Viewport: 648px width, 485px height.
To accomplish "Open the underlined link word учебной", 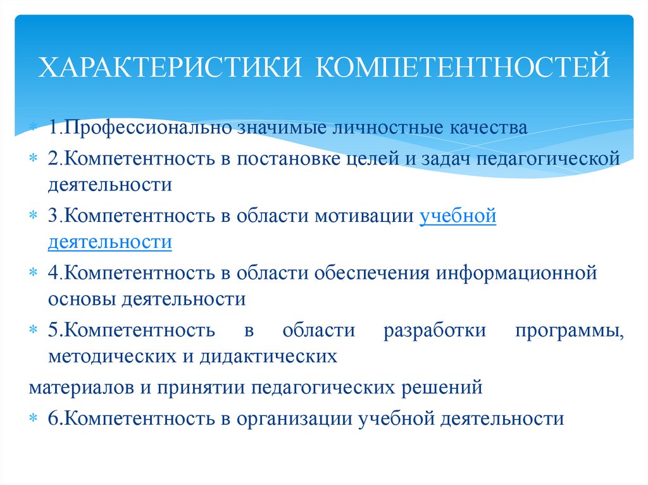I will click(x=458, y=216).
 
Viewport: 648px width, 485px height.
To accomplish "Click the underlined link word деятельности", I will click(x=110, y=242).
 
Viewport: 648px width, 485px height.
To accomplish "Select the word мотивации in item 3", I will click(x=363, y=216).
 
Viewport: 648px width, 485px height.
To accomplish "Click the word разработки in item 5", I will click(x=434, y=331).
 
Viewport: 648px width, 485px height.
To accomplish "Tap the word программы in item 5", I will click(x=568, y=331).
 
